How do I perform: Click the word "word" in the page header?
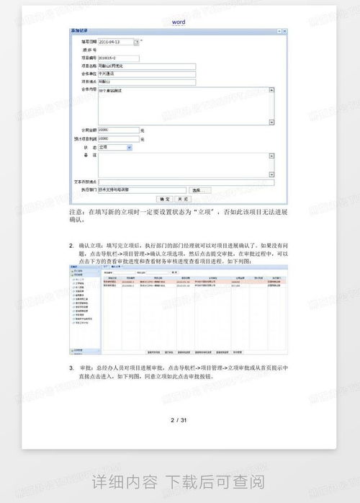[x=179, y=23]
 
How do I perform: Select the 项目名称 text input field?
[x=146, y=66]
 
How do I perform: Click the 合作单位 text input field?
[x=146, y=74]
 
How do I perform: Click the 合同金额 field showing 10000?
[x=118, y=130]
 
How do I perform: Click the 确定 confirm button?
[x=164, y=197]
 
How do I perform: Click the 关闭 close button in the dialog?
[x=183, y=197]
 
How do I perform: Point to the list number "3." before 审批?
[x=71, y=368]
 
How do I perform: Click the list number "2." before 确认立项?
[x=71, y=246]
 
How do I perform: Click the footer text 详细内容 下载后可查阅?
[x=179, y=481]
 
